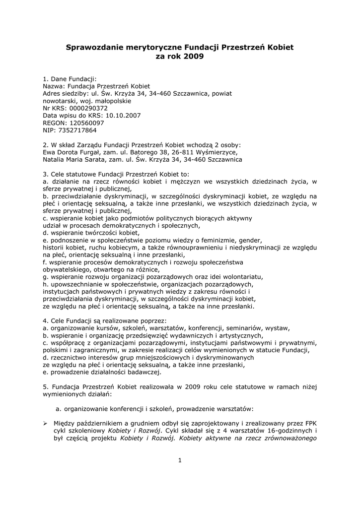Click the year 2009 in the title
[194, 57]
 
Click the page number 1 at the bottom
[180, 460]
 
